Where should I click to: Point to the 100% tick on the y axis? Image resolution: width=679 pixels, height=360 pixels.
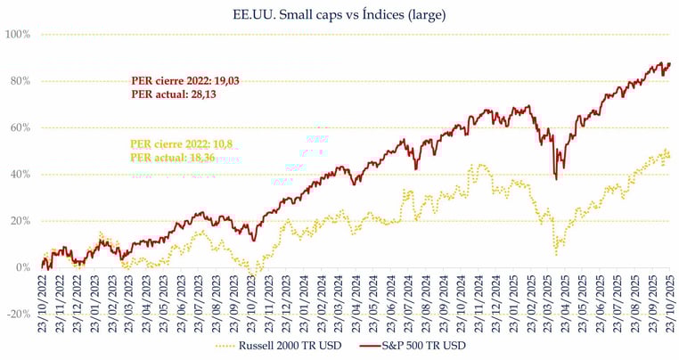(18, 34)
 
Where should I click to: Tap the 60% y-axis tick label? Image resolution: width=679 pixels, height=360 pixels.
(20, 127)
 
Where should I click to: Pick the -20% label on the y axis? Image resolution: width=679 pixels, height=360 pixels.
(18, 314)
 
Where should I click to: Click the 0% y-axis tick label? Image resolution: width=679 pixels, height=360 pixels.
(23, 267)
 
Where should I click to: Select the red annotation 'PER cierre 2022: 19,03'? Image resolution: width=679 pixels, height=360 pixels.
(185, 81)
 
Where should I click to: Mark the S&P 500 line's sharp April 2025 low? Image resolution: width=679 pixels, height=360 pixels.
(556, 179)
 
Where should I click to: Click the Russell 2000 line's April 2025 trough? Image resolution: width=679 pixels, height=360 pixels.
(556, 254)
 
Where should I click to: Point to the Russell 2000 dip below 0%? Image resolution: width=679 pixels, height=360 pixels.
(257, 276)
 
